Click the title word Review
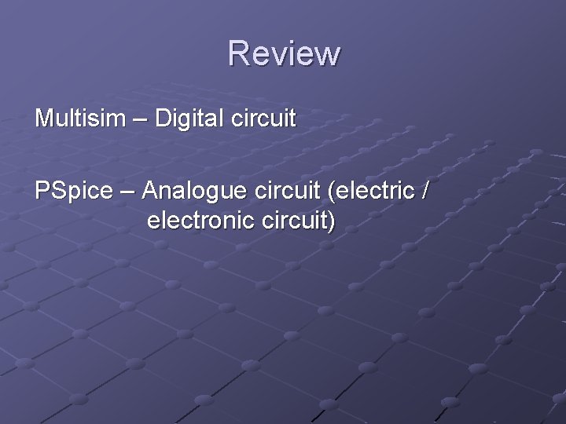tap(284, 53)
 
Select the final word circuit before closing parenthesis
tap(291, 221)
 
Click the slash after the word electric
tap(425, 192)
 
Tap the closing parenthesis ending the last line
tap(332, 221)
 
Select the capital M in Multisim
tap(43, 119)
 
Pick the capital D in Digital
tap(163, 119)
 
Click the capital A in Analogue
tap(151, 192)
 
